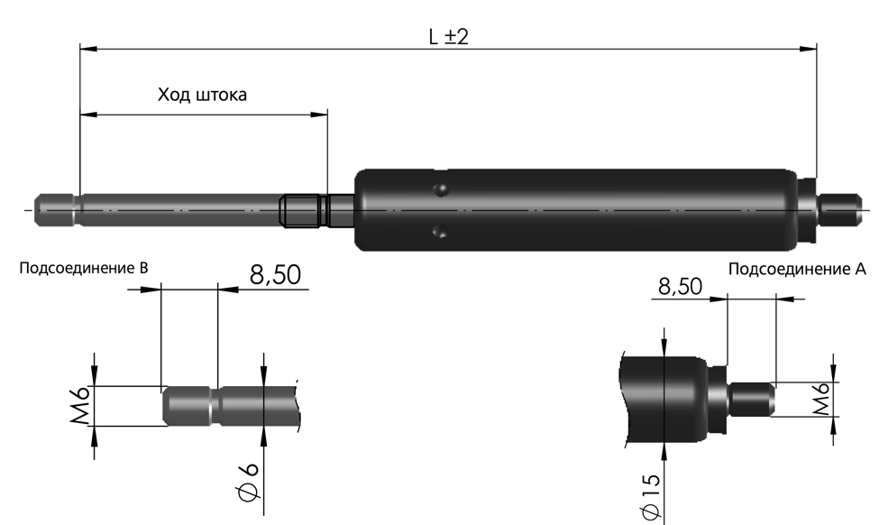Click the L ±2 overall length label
pos(448,37)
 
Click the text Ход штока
pos(202,94)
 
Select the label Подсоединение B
pos(84,268)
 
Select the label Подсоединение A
pos(797,269)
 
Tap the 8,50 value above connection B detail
pos(275,275)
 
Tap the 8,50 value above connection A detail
pos(680,287)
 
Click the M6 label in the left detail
pos(80,405)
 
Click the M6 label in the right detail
pos(822,399)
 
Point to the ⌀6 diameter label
pos(247,482)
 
